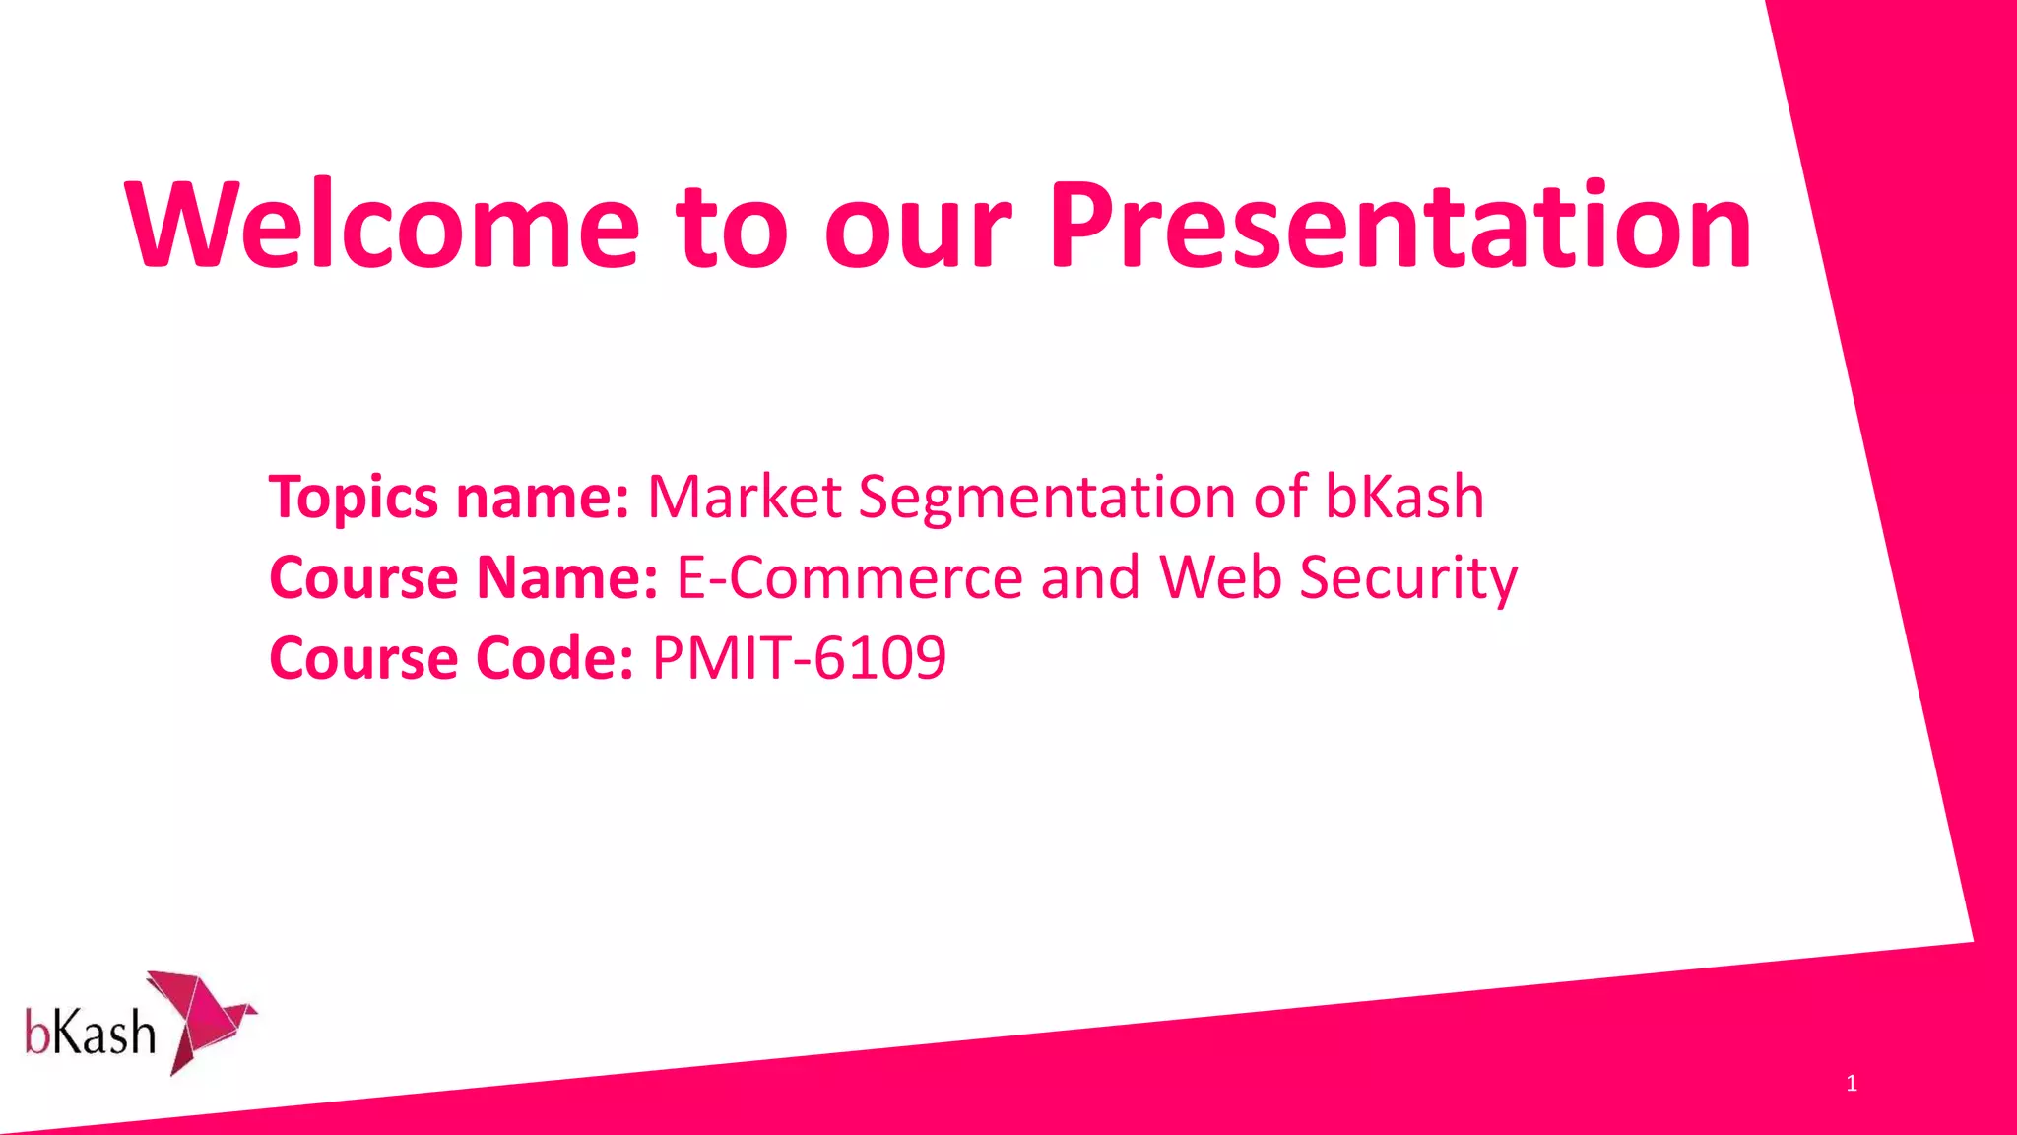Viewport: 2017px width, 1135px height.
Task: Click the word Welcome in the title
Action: click(x=382, y=226)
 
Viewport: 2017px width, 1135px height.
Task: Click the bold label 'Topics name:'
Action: click(x=449, y=497)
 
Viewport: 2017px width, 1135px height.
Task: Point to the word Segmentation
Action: click(x=1046, y=497)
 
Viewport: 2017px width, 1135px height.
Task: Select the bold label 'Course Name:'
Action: click(x=463, y=577)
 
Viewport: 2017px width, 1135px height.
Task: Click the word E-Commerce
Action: click(x=849, y=577)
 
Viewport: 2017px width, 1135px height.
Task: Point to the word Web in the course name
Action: click(x=1219, y=577)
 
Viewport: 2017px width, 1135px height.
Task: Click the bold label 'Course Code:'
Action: click(x=451, y=658)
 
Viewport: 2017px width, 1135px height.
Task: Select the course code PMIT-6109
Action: click(x=799, y=658)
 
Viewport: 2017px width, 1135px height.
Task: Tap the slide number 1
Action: click(x=1852, y=1084)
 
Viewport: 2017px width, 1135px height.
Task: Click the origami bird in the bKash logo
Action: click(x=205, y=1020)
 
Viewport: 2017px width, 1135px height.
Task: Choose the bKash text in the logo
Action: click(x=91, y=1034)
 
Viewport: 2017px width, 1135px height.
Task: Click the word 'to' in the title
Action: click(x=731, y=228)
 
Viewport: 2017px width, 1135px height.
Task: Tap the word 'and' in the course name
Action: click(x=1090, y=577)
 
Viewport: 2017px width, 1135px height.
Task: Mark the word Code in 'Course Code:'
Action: click(x=554, y=658)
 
